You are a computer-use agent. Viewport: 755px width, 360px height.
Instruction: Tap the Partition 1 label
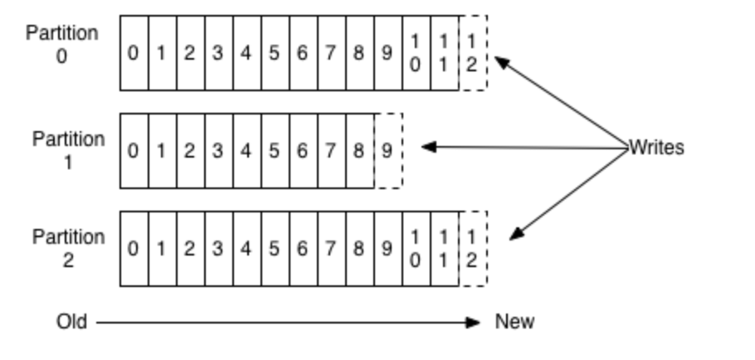tap(69, 150)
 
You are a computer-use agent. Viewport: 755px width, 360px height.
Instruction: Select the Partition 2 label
tap(69, 248)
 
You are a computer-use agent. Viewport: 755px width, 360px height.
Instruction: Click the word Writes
tap(656, 148)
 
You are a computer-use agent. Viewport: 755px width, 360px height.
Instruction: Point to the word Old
tap(71, 322)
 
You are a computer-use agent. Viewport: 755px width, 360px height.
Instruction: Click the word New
tap(515, 322)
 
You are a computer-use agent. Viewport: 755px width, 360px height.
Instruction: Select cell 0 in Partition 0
tap(134, 53)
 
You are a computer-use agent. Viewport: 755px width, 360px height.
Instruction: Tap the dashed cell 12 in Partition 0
tap(472, 53)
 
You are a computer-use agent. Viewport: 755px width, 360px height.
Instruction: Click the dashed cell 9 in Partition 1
tap(387, 151)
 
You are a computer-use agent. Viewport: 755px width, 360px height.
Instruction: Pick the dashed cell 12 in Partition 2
tap(472, 249)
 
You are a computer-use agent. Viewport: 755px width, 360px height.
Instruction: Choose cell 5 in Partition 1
tap(275, 151)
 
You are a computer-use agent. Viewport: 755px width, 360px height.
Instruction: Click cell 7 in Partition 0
tap(331, 53)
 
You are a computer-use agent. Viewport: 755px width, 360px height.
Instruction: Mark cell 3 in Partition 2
tap(218, 249)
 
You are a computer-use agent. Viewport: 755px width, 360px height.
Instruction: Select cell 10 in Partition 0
tap(416, 53)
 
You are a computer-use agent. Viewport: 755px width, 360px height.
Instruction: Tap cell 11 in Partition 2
tap(444, 249)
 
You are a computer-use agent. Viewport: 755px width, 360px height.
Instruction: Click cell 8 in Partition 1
tap(359, 151)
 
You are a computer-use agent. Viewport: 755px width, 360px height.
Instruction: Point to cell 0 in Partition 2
tap(134, 249)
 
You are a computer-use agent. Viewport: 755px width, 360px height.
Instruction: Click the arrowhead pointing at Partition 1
tap(428, 148)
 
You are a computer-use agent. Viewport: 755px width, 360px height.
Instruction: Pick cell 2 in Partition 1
tap(190, 151)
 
